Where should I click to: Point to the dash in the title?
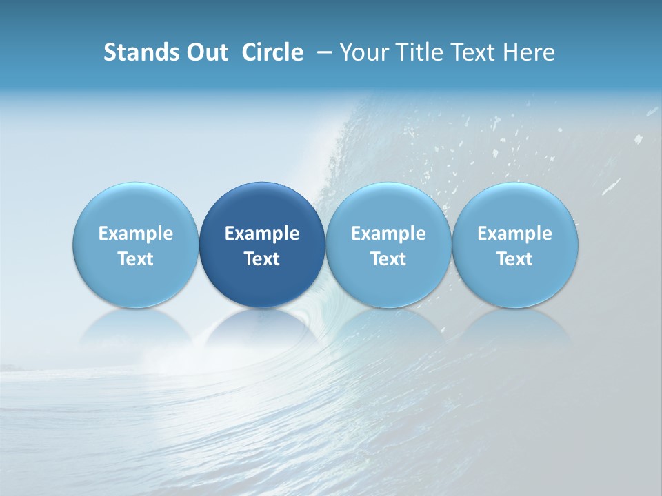click(323, 52)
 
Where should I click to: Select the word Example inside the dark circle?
click(262, 234)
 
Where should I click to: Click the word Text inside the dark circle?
click(262, 259)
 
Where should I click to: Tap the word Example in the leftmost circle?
click(136, 234)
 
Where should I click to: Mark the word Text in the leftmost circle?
click(136, 259)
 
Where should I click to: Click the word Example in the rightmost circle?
click(515, 234)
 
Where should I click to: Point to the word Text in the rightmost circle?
click(515, 259)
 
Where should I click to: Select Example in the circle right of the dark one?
click(388, 234)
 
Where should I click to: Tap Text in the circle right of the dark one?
click(388, 259)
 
